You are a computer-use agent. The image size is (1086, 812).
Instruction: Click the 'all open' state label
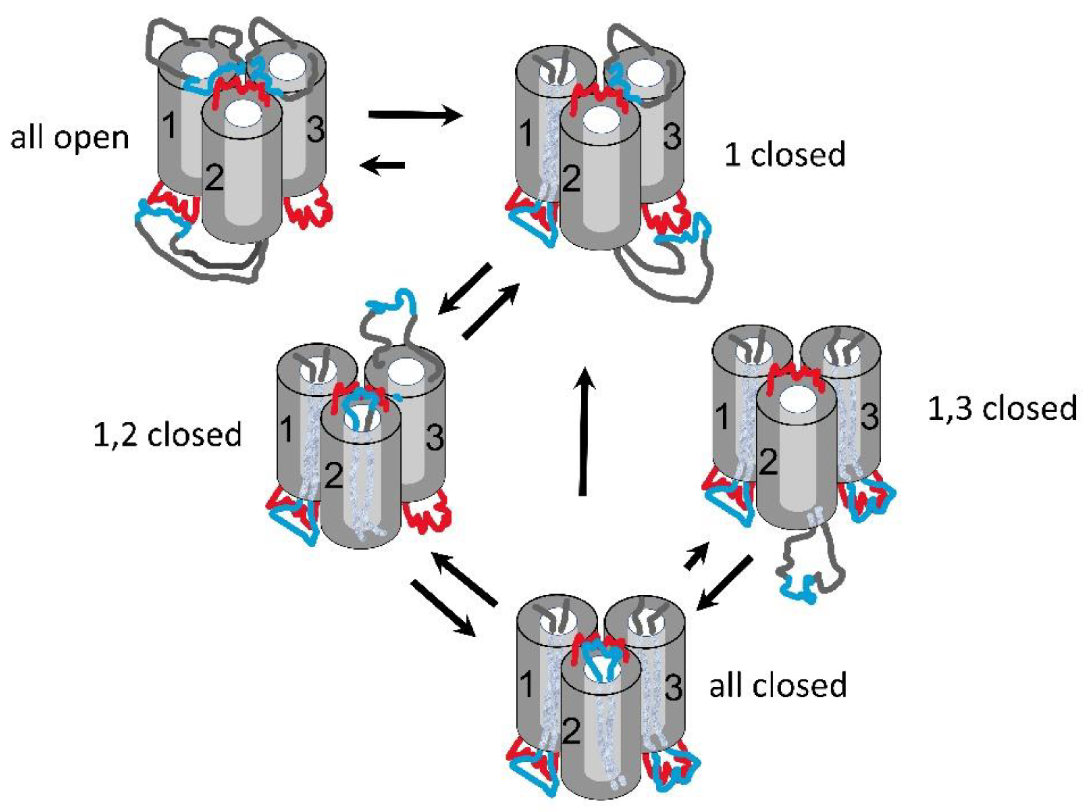tap(70, 139)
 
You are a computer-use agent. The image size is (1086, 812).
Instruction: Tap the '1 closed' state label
tap(785, 154)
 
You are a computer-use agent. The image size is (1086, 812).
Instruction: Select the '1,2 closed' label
tap(168, 435)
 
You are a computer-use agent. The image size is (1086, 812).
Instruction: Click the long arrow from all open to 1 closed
tap(415, 116)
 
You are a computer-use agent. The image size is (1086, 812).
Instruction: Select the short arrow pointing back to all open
tap(383, 165)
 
